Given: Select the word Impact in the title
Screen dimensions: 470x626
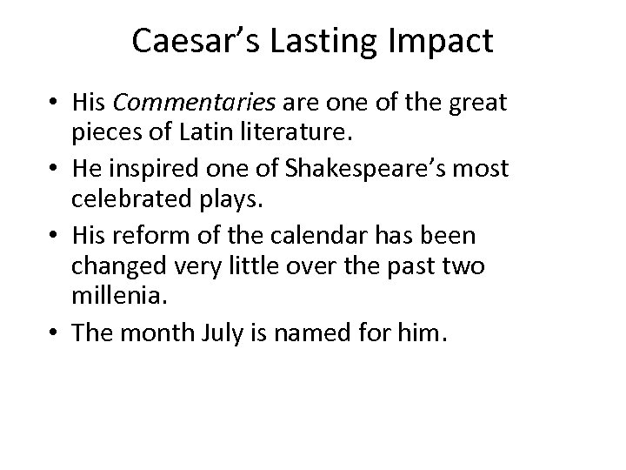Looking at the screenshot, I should click(451, 42).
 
